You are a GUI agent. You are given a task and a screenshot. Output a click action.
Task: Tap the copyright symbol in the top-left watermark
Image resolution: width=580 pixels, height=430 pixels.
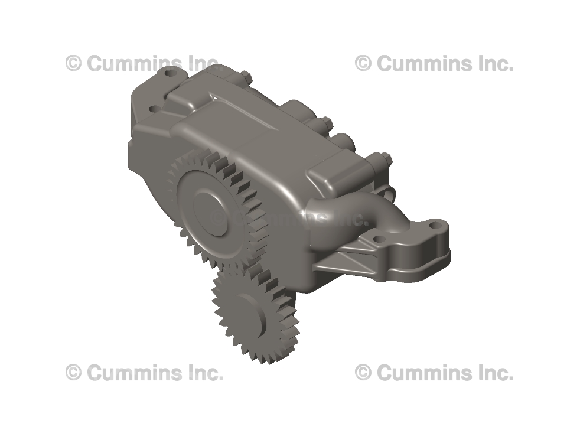pos(73,63)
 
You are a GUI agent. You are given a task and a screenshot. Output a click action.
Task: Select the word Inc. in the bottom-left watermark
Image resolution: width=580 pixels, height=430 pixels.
pos(205,373)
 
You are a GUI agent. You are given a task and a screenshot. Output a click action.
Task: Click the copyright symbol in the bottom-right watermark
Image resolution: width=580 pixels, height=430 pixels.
pos(363,373)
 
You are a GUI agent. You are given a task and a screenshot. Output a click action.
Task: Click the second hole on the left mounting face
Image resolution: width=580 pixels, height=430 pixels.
pos(153,109)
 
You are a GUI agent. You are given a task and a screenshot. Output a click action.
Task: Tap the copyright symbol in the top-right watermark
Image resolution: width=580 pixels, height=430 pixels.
pos(363,63)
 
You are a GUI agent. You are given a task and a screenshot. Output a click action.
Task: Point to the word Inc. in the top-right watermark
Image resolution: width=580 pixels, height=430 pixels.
pos(495,63)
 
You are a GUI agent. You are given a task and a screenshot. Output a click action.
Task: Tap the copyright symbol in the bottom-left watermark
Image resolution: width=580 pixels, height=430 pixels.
pos(73,373)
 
